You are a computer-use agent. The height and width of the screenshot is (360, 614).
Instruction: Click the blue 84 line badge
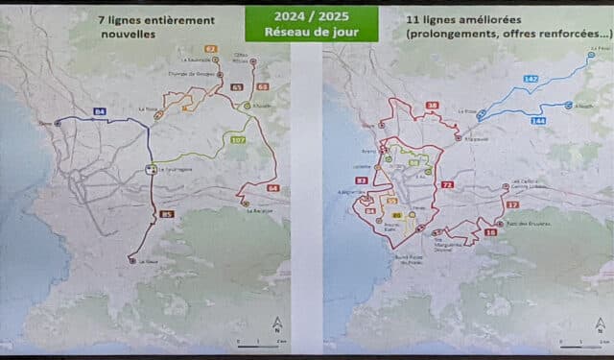[x=100, y=112]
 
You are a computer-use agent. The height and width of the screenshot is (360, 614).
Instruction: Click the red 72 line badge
[x=447, y=183]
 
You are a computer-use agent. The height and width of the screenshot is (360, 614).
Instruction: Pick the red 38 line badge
[x=433, y=105]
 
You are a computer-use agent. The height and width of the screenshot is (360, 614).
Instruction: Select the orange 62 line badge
[x=210, y=47]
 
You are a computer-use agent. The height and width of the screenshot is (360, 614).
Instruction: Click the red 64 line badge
[x=272, y=188]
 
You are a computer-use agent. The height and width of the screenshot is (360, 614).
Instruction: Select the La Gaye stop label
[x=146, y=261]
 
